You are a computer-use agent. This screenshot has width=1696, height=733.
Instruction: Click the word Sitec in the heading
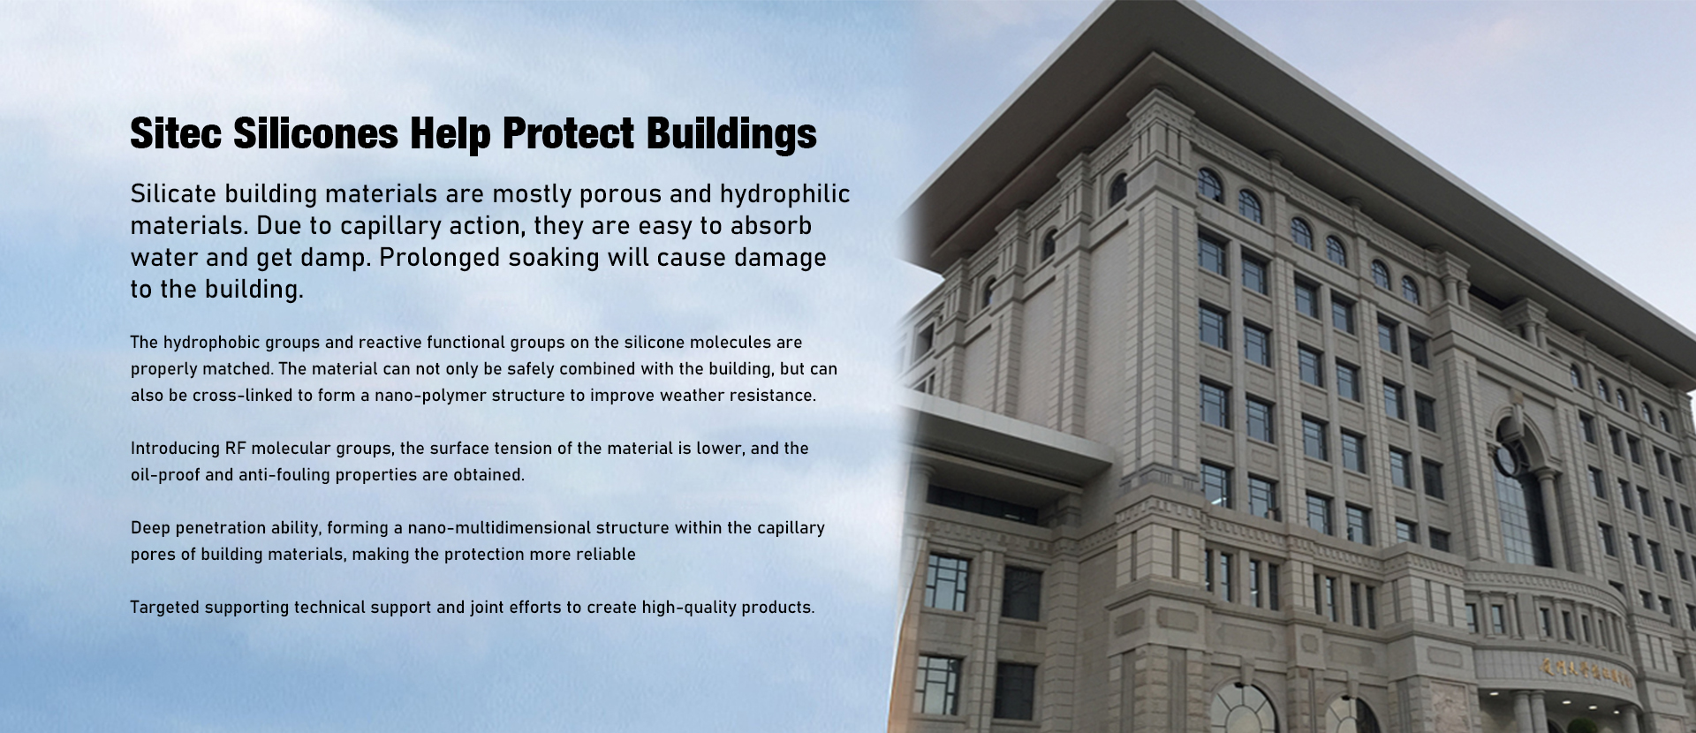(176, 133)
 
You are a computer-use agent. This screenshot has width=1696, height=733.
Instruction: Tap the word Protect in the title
(568, 133)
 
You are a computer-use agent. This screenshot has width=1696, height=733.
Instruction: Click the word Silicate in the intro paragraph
(174, 193)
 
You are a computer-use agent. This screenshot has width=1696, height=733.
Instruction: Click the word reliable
(606, 555)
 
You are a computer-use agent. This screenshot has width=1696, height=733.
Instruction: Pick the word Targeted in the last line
(165, 608)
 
